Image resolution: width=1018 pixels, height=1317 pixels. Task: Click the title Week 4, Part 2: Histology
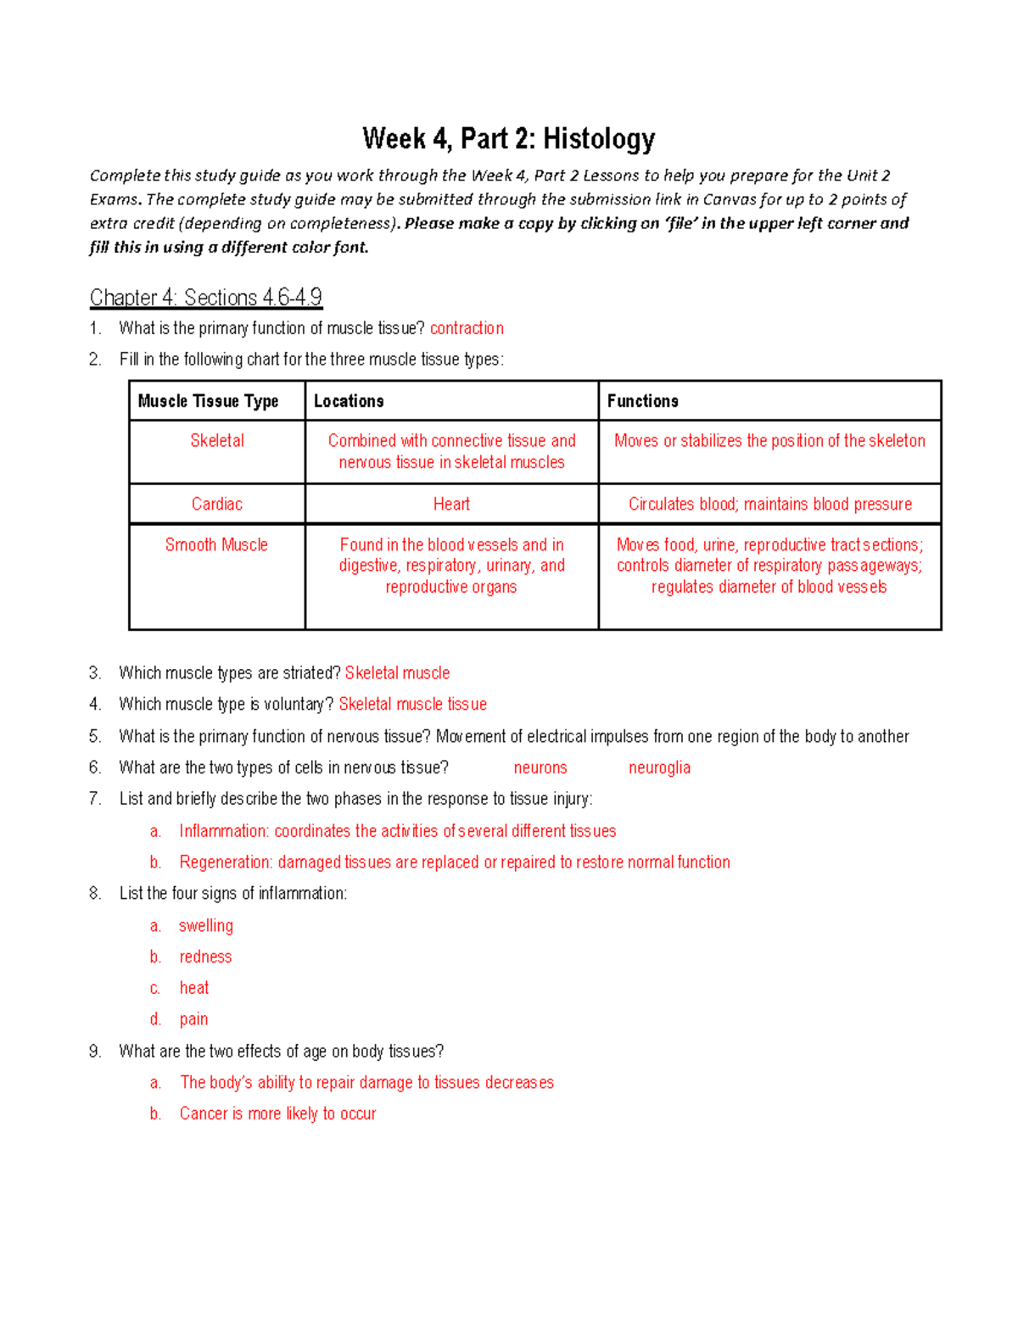(508, 138)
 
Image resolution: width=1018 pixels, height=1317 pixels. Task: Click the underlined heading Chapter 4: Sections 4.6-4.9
(205, 298)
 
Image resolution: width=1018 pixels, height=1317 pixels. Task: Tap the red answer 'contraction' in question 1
(467, 328)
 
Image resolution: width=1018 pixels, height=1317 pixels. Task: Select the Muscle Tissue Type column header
(208, 401)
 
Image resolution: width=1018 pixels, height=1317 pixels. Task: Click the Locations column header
(349, 401)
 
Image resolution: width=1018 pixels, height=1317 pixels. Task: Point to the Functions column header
(642, 401)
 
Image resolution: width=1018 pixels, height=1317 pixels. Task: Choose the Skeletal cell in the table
(217, 441)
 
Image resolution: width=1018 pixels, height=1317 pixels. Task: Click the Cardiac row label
(217, 505)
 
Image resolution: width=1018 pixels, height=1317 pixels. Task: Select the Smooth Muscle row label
(216, 545)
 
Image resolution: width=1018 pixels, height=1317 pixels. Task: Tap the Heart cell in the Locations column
(451, 505)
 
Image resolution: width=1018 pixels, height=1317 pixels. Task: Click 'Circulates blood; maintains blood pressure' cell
(769, 505)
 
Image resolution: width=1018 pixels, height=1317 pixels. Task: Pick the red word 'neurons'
(540, 768)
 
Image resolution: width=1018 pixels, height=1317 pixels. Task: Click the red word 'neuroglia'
(659, 768)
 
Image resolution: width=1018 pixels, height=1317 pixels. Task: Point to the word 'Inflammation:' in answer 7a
(224, 831)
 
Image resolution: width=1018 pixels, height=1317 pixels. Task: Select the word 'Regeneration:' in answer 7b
(226, 862)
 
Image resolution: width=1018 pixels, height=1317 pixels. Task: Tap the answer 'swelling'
(206, 926)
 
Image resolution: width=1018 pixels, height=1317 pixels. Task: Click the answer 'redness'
(205, 957)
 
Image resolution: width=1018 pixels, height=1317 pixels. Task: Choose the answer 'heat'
(194, 988)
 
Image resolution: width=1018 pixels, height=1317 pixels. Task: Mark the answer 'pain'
(193, 1019)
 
